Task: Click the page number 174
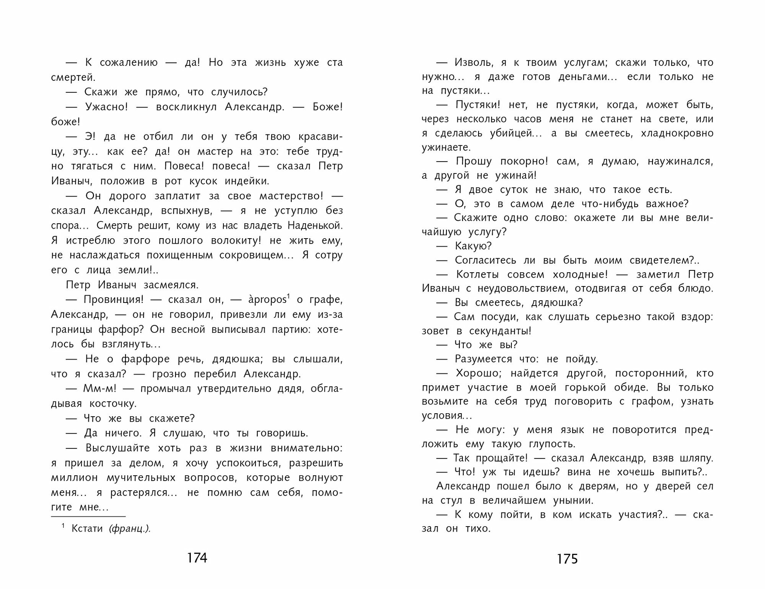[197, 558]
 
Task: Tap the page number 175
[567, 559]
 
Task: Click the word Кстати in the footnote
[87, 528]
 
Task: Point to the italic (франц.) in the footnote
[130, 529]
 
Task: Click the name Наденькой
[315, 225]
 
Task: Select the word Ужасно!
[106, 107]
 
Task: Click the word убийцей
[511, 133]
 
